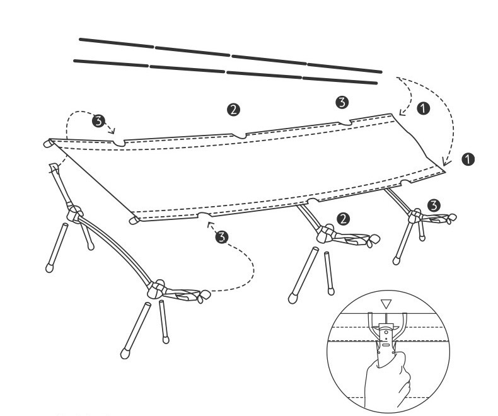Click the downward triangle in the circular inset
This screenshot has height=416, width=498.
coord(386,304)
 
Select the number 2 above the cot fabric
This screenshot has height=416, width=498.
coord(233,110)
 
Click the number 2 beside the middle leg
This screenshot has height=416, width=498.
coord(343,219)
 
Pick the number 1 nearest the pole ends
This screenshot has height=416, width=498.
coord(423,108)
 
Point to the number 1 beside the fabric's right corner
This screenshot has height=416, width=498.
coord(468,159)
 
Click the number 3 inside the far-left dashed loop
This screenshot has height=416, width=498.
coord(98,121)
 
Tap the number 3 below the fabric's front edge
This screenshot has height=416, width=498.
coord(221,237)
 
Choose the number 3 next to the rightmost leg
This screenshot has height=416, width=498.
coord(434,205)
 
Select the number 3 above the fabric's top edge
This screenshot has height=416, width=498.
coord(342,102)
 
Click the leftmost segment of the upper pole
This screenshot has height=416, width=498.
coord(117,43)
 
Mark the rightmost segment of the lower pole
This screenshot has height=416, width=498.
coord(340,80)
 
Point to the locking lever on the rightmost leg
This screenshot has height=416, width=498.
coord(440,218)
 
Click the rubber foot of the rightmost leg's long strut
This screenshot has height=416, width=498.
coord(396,261)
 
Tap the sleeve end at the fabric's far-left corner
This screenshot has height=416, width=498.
coord(49,143)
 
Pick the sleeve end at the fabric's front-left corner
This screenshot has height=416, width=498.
coord(134,220)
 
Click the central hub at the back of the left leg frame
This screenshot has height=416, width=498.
coord(74,214)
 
